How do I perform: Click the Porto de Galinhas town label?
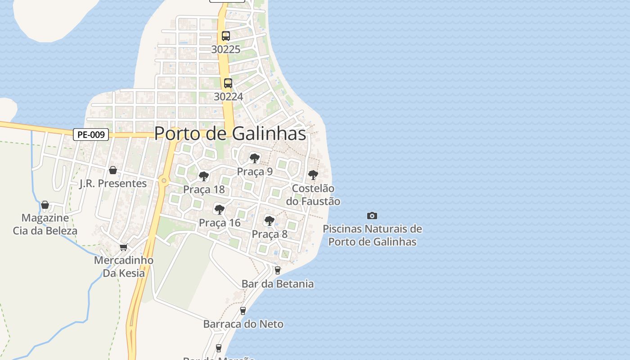[x=230, y=134]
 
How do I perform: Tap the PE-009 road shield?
[x=91, y=135]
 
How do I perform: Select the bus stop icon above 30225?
[x=226, y=36]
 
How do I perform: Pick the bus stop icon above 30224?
[x=228, y=83]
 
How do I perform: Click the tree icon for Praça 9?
[x=255, y=158]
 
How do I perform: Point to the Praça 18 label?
[x=204, y=189]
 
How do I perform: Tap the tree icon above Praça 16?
[x=220, y=209]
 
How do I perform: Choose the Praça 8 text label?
[x=270, y=234]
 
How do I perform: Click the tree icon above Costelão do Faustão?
[x=313, y=175]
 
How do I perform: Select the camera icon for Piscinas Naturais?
[x=372, y=216]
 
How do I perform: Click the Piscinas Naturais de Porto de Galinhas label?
[x=372, y=235]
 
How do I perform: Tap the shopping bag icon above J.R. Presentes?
[x=113, y=170]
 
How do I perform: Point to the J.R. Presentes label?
[x=113, y=184]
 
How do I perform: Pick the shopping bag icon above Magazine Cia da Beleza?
[x=45, y=205]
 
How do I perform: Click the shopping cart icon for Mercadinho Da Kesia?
[x=124, y=247]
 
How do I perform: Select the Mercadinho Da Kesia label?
[x=124, y=266]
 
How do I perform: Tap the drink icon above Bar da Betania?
[x=278, y=270]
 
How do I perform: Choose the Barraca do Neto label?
[x=243, y=324]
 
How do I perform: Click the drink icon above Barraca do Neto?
[x=243, y=310]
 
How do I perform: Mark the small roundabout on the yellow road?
[x=164, y=181]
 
